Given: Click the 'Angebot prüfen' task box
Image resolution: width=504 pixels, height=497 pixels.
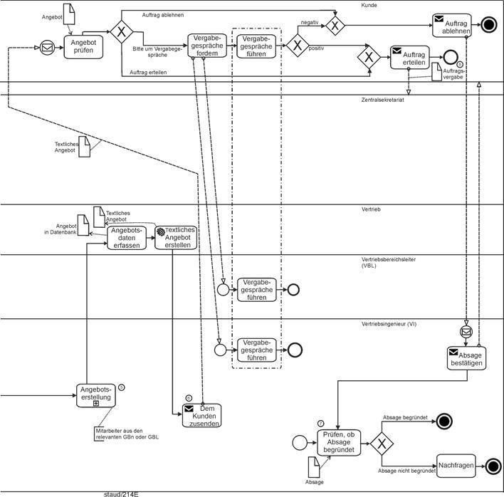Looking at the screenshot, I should click(x=83, y=46).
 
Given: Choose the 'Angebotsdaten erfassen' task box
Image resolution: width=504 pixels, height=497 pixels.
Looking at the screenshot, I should click(x=127, y=238).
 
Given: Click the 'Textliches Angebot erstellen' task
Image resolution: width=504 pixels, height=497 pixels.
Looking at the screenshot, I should click(x=175, y=238).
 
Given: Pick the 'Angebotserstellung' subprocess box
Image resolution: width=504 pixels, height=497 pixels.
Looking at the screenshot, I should click(x=96, y=395).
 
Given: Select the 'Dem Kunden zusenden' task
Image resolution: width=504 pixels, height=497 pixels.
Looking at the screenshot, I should click(x=201, y=416).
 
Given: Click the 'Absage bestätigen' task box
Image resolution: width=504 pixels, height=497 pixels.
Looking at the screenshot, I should click(x=466, y=358).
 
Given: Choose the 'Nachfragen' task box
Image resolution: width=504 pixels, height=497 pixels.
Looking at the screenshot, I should click(x=456, y=466).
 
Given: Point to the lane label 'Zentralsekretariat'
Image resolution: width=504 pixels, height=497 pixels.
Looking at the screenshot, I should click(x=383, y=100).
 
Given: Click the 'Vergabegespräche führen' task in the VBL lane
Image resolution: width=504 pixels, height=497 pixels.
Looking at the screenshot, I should click(x=257, y=290).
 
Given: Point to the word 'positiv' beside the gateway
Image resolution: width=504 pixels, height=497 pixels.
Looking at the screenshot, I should click(x=317, y=49).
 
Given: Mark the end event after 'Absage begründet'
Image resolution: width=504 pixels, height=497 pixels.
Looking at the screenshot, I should click(x=446, y=420).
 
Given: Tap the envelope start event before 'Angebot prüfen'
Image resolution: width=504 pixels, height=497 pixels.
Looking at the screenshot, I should click(x=47, y=48).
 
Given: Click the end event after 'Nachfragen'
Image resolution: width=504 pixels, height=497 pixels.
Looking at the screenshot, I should click(x=493, y=466).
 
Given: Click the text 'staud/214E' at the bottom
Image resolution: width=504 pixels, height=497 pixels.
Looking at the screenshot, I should click(x=121, y=493).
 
